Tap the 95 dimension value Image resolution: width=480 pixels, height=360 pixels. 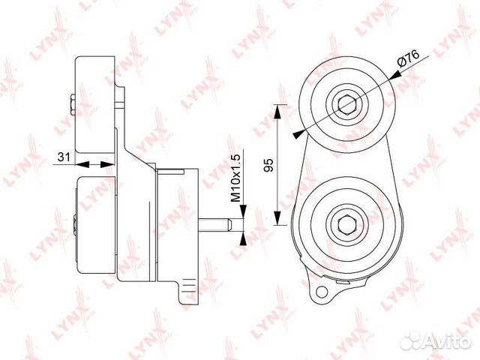click(x=267, y=165)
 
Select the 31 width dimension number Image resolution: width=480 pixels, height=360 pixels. click(x=65, y=157)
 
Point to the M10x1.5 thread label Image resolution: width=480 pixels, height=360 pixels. click(x=235, y=178)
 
